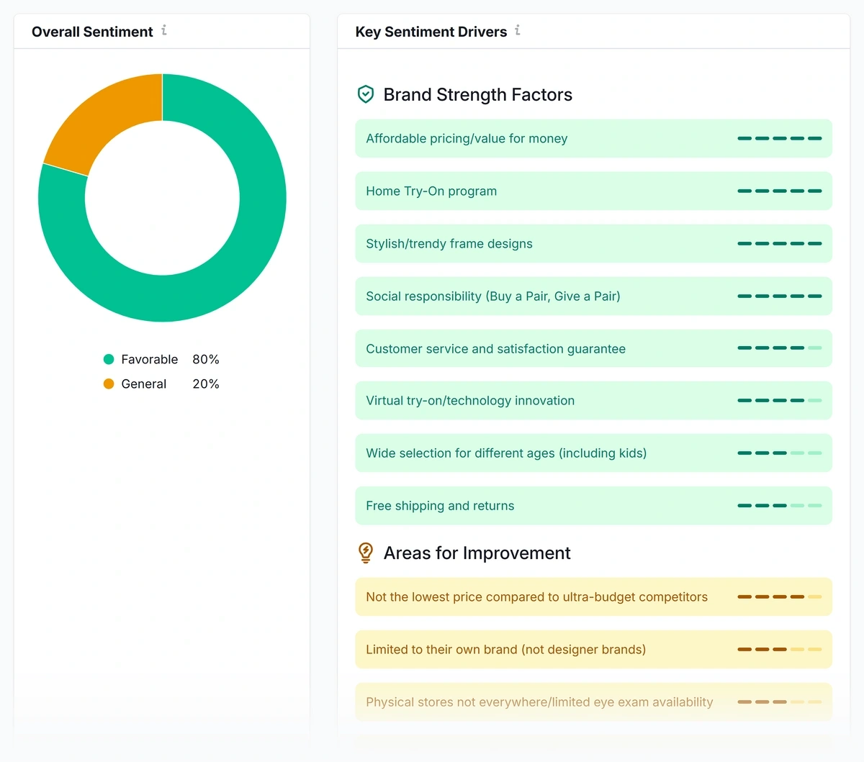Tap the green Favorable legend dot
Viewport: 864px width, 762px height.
click(x=109, y=359)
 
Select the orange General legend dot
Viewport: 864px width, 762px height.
click(x=109, y=384)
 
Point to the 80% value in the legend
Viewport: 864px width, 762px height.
click(x=205, y=359)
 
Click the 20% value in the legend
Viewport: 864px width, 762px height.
click(x=205, y=384)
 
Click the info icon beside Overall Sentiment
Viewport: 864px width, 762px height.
click(x=164, y=30)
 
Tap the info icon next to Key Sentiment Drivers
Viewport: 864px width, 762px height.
click(x=518, y=30)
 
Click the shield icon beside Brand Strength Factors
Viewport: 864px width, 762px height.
click(x=366, y=94)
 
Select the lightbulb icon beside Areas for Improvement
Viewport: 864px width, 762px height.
click(x=366, y=553)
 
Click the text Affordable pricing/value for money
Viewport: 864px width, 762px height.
click(x=467, y=139)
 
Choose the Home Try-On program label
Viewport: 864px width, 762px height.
click(x=431, y=191)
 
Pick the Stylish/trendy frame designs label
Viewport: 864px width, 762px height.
click(x=449, y=244)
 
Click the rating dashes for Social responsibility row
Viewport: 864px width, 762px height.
click(x=779, y=296)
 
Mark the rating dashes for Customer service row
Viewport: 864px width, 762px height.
click(x=779, y=348)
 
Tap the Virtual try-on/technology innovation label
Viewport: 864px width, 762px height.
click(x=470, y=401)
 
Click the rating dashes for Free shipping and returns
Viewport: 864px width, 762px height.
click(x=779, y=506)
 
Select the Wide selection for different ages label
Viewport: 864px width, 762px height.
click(x=506, y=453)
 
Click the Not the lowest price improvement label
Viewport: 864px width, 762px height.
click(x=536, y=597)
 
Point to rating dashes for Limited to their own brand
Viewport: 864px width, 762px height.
click(x=779, y=650)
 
